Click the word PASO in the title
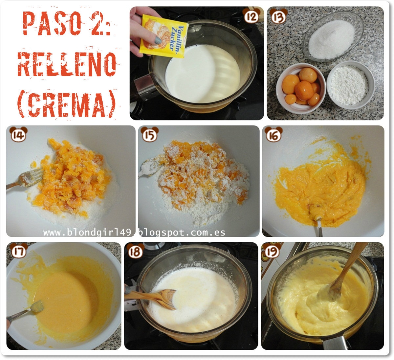[x=52, y=23]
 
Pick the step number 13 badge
[x=278, y=16]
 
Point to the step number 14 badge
[x=18, y=134]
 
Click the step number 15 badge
[x=150, y=134]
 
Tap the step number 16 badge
[x=274, y=134]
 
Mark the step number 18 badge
[x=135, y=251]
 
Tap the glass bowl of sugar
[x=333, y=36]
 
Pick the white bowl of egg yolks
[x=301, y=88]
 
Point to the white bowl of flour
[x=351, y=85]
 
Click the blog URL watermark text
[x=134, y=233]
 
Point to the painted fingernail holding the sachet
[x=158, y=40]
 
